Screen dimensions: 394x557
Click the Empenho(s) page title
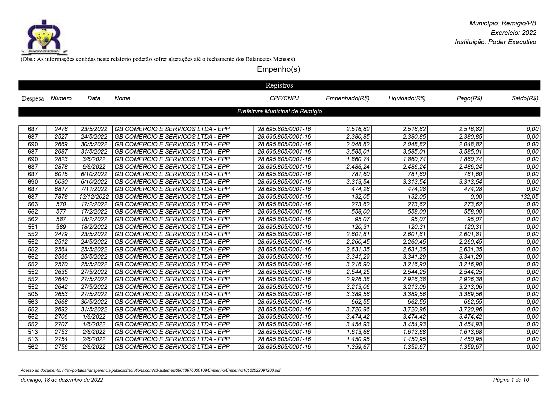click(278, 69)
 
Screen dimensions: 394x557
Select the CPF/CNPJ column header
click(284, 98)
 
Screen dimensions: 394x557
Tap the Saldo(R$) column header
click(525, 98)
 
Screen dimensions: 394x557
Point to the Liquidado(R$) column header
click(407, 98)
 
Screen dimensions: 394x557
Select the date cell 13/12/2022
click(94, 197)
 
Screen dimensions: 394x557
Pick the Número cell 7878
click(61, 197)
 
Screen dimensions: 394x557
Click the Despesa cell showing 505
click(33, 294)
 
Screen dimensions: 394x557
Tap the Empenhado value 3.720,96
click(358, 310)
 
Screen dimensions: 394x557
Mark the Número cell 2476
click(61, 129)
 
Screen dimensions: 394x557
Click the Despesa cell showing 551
click(33, 227)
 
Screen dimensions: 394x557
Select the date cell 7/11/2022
click(94, 189)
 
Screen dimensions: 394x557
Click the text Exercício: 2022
click(513, 33)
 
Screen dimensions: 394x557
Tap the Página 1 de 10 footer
click(511, 380)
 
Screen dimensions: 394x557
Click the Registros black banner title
click(279, 85)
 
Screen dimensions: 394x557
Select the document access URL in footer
click(151, 371)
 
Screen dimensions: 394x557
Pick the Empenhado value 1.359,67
click(358, 347)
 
